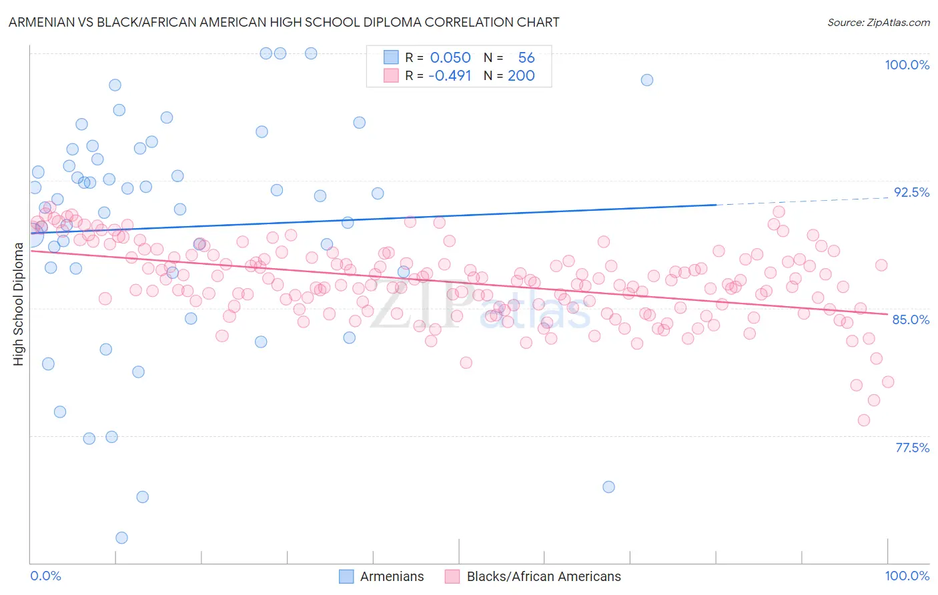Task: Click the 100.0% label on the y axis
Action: tap(907, 65)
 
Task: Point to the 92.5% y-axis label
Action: tap(911, 192)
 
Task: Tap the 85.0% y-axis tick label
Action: tap(911, 320)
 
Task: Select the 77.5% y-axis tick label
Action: tap(912, 448)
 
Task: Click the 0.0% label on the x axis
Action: tap(45, 576)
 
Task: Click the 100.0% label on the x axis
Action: tap(907, 576)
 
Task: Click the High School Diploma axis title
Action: tap(18, 304)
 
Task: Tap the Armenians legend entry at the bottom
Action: tap(392, 576)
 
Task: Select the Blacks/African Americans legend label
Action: tap(543, 576)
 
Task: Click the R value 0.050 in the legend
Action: tap(450, 58)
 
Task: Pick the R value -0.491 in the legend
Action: tap(450, 75)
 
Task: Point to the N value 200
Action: tap(521, 75)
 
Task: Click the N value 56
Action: tap(526, 58)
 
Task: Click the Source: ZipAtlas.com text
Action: tap(878, 22)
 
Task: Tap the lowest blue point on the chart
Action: tap(121, 538)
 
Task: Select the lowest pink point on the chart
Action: tap(864, 420)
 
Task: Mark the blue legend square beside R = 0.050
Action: tap(391, 57)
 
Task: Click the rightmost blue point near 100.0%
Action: tap(647, 80)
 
